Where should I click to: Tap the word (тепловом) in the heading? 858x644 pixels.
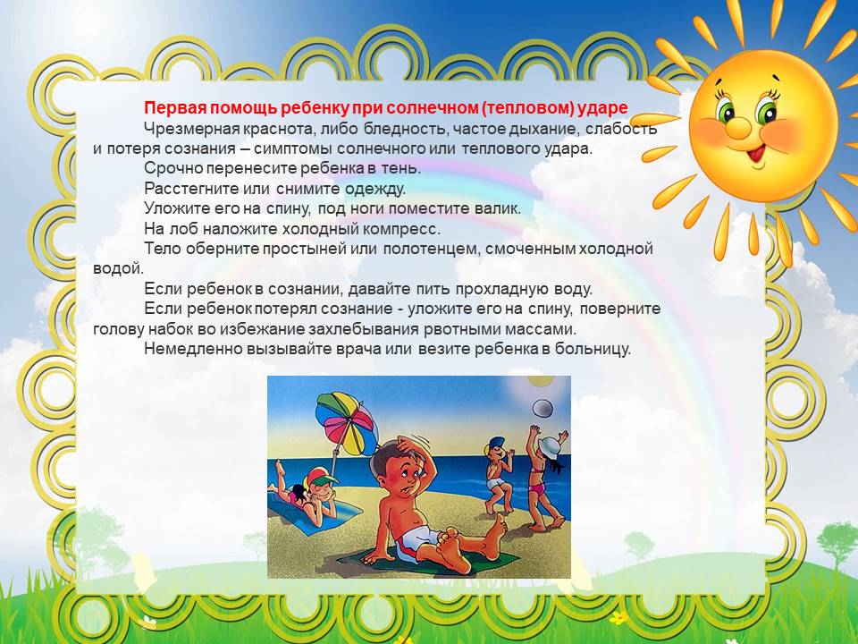528,108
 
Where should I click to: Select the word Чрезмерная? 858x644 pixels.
193,129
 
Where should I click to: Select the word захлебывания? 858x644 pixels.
365,330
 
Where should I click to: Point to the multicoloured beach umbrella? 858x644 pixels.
347,422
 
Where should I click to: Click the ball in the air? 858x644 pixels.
543,408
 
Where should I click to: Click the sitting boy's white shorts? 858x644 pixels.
416,544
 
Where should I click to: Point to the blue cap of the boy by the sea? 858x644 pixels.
494,443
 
